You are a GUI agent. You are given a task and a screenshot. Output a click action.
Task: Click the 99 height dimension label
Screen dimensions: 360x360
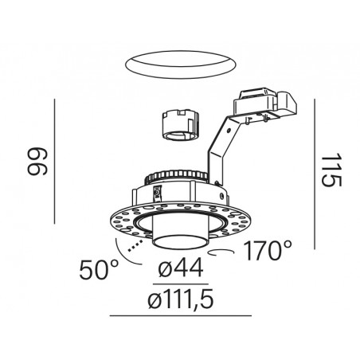[37, 162]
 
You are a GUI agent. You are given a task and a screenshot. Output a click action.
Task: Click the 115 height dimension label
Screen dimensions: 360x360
[331, 170]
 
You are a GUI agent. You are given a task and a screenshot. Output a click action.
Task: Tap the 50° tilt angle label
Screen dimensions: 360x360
[99, 269]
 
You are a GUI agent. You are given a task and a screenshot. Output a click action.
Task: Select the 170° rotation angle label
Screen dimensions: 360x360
[268, 250]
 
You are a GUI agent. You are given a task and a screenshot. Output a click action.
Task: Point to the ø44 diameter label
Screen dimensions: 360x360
[181, 268]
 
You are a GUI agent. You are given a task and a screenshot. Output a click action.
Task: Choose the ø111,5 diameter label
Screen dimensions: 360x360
[181, 299]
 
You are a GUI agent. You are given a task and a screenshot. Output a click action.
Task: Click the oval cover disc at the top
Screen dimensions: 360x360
[181, 65]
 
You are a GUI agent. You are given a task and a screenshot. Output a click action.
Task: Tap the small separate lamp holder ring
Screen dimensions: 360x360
[181, 125]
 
